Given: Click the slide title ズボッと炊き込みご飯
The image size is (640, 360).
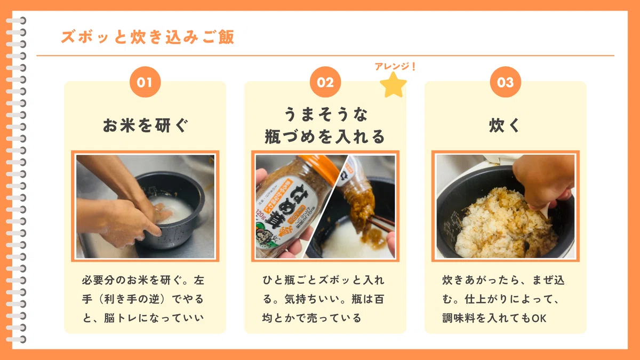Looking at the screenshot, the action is point(148,37).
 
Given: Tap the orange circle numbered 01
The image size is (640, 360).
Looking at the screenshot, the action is point(145,82).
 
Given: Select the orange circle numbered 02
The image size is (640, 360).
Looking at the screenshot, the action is point(325,82).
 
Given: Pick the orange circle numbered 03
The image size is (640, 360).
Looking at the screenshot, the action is point(506,82).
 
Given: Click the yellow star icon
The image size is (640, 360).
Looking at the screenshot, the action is point(393,85).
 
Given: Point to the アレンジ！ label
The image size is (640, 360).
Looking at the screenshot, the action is point(395,66).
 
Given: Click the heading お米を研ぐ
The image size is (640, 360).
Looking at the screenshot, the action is point(146,125).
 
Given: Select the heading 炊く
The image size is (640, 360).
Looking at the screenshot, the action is point(505,125).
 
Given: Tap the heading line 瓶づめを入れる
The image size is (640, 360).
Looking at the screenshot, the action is point(325,137).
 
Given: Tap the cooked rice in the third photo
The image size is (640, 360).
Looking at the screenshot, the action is point(503,226).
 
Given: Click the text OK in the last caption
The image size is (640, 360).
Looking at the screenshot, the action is point(539,318).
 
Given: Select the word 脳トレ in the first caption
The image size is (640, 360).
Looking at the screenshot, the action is point(115,318).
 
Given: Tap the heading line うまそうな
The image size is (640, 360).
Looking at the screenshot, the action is point(325,114).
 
